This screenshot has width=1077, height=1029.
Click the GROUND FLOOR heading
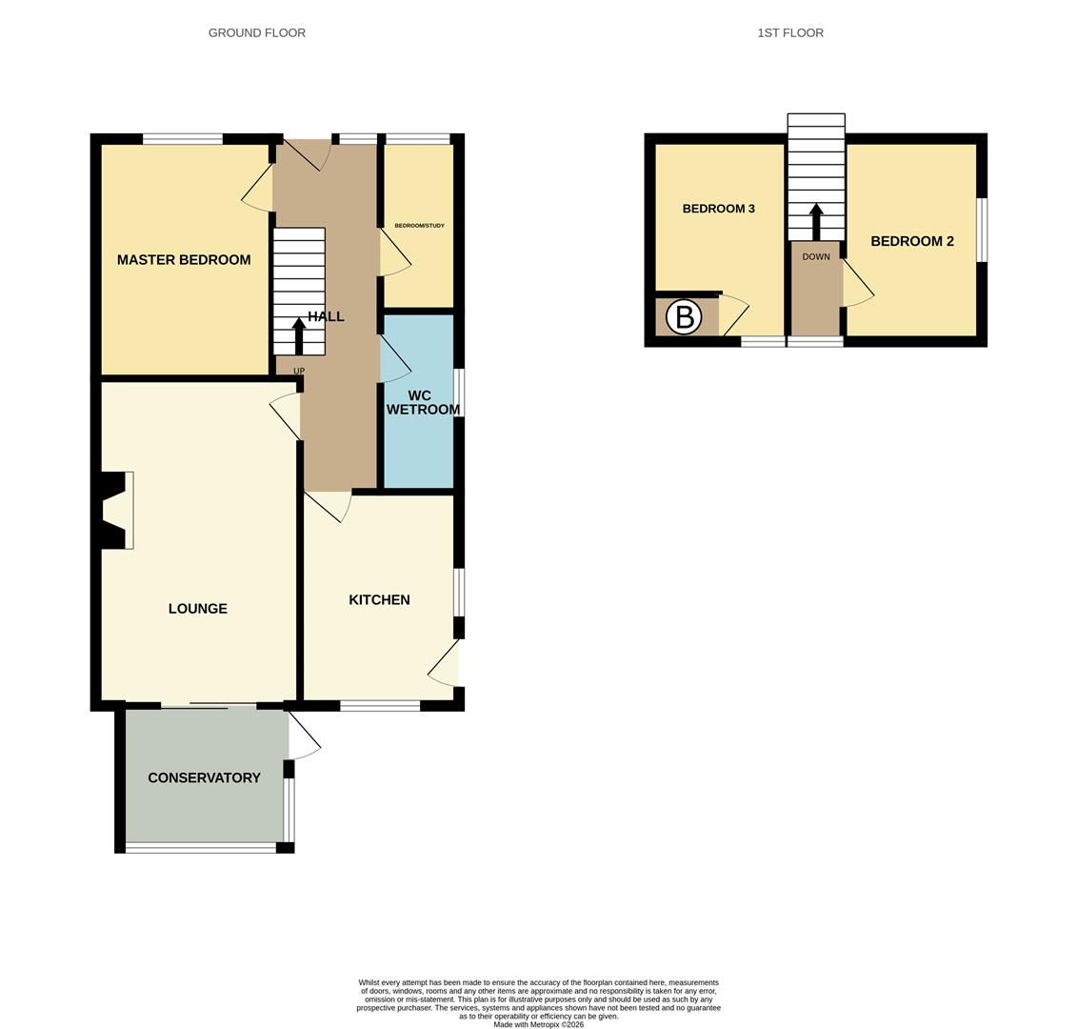coord(256,32)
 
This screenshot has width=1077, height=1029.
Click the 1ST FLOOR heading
coord(789,32)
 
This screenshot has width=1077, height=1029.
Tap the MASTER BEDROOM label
coord(184,259)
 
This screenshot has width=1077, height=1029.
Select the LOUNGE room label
coord(197,608)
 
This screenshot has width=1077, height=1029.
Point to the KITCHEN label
coord(379,599)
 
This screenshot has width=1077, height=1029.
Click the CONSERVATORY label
coord(204,777)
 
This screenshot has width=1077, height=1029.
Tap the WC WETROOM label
coord(422,402)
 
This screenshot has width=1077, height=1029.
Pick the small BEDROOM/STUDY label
coord(419,226)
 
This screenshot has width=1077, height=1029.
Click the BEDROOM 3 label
coord(718,209)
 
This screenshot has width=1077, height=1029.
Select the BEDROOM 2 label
coord(911,241)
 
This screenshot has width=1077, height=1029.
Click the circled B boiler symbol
coord(684,316)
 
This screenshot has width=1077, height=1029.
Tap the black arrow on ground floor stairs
coord(299,334)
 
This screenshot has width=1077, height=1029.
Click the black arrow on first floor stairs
coord(816,221)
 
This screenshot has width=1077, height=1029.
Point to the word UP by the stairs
coord(299,371)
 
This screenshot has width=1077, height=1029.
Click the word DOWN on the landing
coord(816,256)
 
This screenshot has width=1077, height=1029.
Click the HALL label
coord(326,316)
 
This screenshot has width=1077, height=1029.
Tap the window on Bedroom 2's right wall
coord(982,229)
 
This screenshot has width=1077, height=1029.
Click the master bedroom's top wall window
coord(183,139)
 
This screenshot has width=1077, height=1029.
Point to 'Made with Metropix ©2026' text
coord(538,1024)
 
